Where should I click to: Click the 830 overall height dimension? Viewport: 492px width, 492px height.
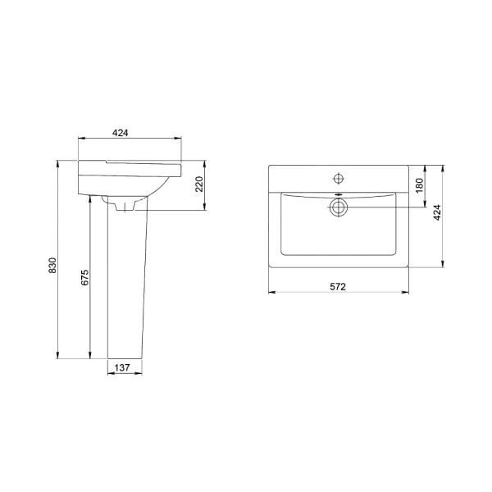pyautogui.click(x=52, y=265)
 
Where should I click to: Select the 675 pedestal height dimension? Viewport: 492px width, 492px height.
pyautogui.click(x=85, y=277)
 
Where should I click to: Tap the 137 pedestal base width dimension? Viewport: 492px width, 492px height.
pyautogui.click(x=122, y=367)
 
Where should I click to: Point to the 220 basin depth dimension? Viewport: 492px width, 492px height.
pyautogui.click(x=199, y=184)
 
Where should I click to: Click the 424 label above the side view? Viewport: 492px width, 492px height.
pyautogui.click(x=121, y=133)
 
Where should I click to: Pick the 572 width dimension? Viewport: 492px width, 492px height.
pyautogui.click(x=338, y=286)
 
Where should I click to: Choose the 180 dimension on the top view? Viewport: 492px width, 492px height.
pyautogui.click(x=420, y=186)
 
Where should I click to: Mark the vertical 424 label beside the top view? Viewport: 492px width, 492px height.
pyautogui.click(x=437, y=212)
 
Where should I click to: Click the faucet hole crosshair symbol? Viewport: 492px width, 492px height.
pyautogui.click(x=338, y=179)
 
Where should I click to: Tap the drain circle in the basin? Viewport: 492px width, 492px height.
pyautogui.click(x=338, y=207)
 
